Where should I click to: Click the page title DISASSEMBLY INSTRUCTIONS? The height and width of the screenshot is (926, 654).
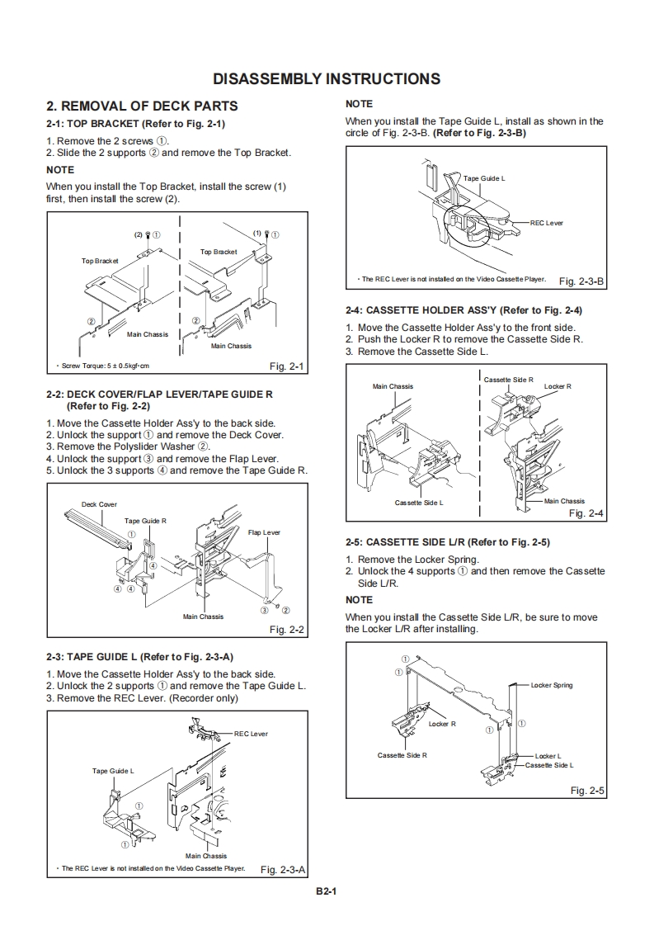click(x=327, y=79)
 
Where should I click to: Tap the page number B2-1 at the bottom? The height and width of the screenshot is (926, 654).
click(x=327, y=891)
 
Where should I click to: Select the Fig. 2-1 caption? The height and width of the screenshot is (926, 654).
click(x=287, y=366)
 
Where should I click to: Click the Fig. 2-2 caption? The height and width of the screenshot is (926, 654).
click(x=287, y=630)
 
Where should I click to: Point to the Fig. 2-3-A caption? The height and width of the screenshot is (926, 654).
click(x=283, y=869)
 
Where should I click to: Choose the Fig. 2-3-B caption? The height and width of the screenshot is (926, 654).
click(x=581, y=281)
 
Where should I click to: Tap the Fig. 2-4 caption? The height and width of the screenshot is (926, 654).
click(x=586, y=513)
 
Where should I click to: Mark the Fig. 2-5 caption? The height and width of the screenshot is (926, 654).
click(x=587, y=791)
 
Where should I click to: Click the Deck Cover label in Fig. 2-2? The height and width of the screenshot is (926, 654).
click(x=99, y=504)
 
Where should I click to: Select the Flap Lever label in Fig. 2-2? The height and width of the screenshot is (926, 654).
click(x=264, y=533)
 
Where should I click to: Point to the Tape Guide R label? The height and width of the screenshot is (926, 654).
click(x=145, y=521)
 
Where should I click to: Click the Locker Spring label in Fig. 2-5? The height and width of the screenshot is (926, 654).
click(x=551, y=685)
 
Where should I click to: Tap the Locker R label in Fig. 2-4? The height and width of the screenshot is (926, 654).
click(x=558, y=386)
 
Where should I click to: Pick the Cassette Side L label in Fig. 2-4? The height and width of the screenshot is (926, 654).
click(x=419, y=503)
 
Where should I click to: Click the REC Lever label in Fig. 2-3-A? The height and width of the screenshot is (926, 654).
click(x=251, y=734)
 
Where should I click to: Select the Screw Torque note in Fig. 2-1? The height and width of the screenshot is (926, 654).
click(x=102, y=366)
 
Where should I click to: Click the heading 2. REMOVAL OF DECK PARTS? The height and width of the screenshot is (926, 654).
click(x=142, y=106)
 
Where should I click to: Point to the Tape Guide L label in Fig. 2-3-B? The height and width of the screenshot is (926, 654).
click(x=484, y=178)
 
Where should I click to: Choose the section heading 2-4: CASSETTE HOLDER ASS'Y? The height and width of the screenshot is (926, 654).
click(x=464, y=311)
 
